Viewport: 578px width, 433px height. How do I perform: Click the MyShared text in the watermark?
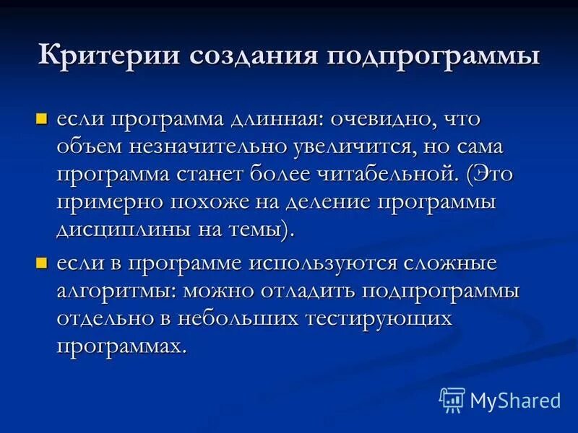pyautogui.click(x=515, y=400)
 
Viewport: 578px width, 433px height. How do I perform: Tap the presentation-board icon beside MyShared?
pyautogui.click(x=452, y=400)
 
